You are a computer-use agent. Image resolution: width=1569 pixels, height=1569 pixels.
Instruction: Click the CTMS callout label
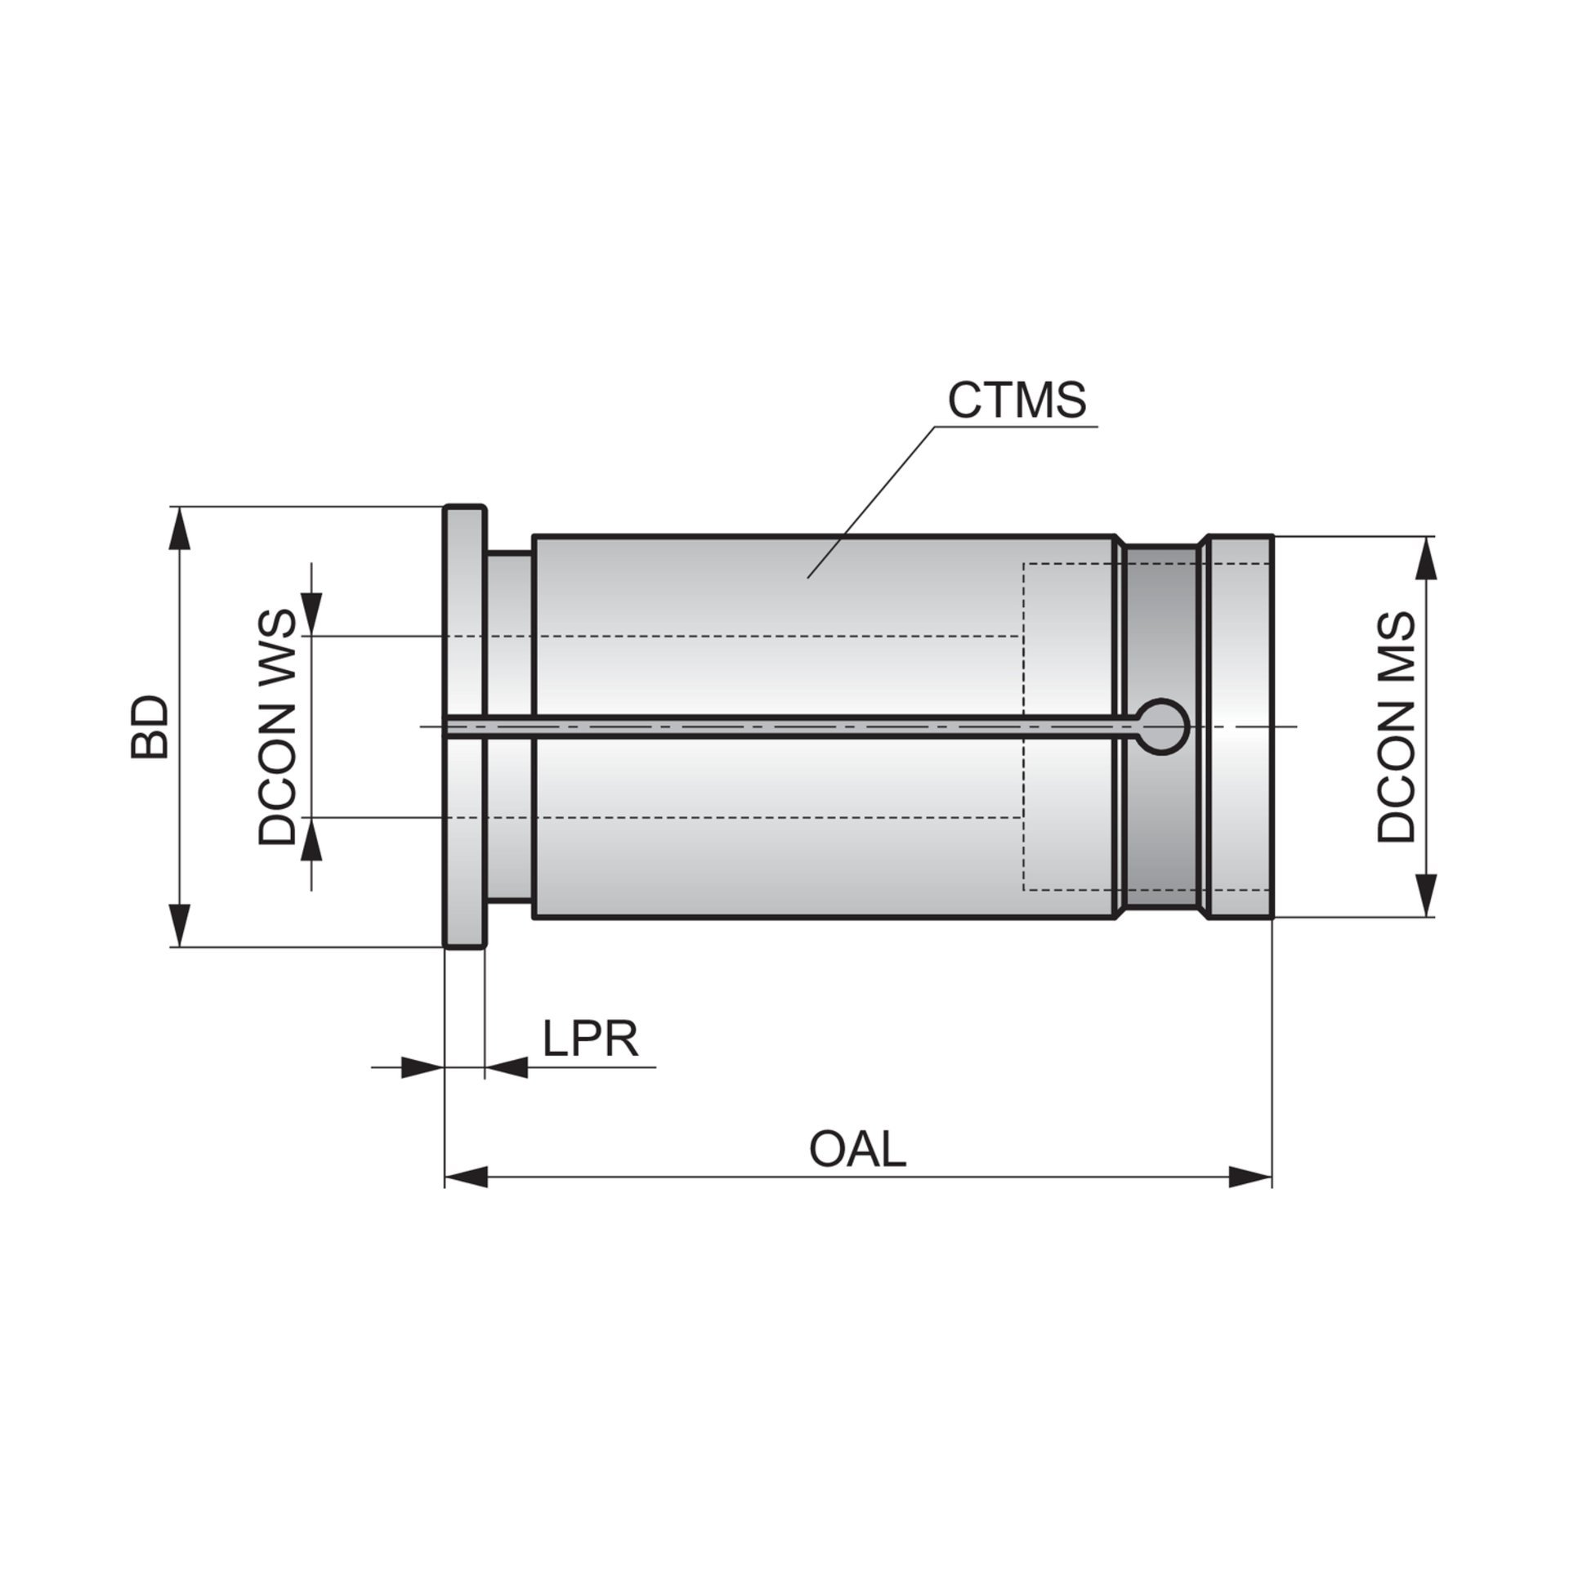[x=1017, y=400]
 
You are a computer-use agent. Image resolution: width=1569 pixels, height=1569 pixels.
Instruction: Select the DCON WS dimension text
[x=275, y=726]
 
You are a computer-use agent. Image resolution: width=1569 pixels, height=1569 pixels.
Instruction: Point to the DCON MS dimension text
[x=1395, y=726]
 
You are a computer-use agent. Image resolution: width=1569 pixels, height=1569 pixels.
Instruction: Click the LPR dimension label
[x=590, y=1039]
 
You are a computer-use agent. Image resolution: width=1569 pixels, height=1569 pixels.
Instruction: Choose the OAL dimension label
[x=857, y=1149]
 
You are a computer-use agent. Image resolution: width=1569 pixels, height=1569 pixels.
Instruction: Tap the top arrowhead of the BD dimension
[x=180, y=528]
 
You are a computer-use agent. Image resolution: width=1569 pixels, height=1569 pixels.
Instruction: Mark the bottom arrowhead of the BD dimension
[x=180, y=924]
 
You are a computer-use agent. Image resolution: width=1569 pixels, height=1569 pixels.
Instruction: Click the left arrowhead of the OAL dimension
[x=467, y=1178]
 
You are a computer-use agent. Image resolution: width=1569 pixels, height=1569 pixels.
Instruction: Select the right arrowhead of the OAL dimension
[x=1250, y=1178]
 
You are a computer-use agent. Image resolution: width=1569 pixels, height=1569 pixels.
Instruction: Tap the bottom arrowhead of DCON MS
[x=1426, y=895]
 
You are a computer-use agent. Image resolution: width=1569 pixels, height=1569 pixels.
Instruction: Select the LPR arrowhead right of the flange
[x=506, y=1067]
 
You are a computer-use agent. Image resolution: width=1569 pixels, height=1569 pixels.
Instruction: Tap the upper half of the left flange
[x=465, y=613]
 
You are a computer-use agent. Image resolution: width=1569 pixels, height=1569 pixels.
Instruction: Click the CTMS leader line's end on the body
[x=808, y=578]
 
